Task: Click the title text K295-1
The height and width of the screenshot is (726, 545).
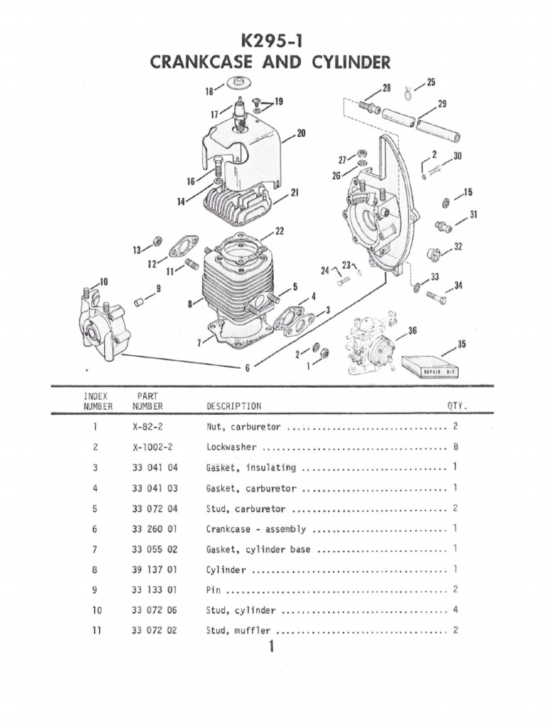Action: (x=272, y=41)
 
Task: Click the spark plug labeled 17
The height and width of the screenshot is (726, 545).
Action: (x=241, y=113)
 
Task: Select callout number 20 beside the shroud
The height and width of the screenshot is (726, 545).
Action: (x=301, y=133)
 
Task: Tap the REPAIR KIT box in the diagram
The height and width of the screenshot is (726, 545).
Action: (x=431, y=367)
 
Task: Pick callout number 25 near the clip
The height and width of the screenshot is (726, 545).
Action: (x=431, y=83)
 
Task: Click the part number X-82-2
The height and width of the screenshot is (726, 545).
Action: (x=148, y=428)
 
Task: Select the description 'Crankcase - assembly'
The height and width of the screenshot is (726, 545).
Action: (x=256, y=529)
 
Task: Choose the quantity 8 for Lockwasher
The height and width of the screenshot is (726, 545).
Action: (x=455, y=448)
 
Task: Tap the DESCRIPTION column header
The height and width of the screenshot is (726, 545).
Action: (x=233, y=406)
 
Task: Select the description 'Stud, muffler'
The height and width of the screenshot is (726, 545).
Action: (x=239, y=630)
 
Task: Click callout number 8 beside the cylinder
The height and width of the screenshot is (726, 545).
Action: (x=189, y=304)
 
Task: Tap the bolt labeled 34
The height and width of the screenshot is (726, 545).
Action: (x=436, y=298)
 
